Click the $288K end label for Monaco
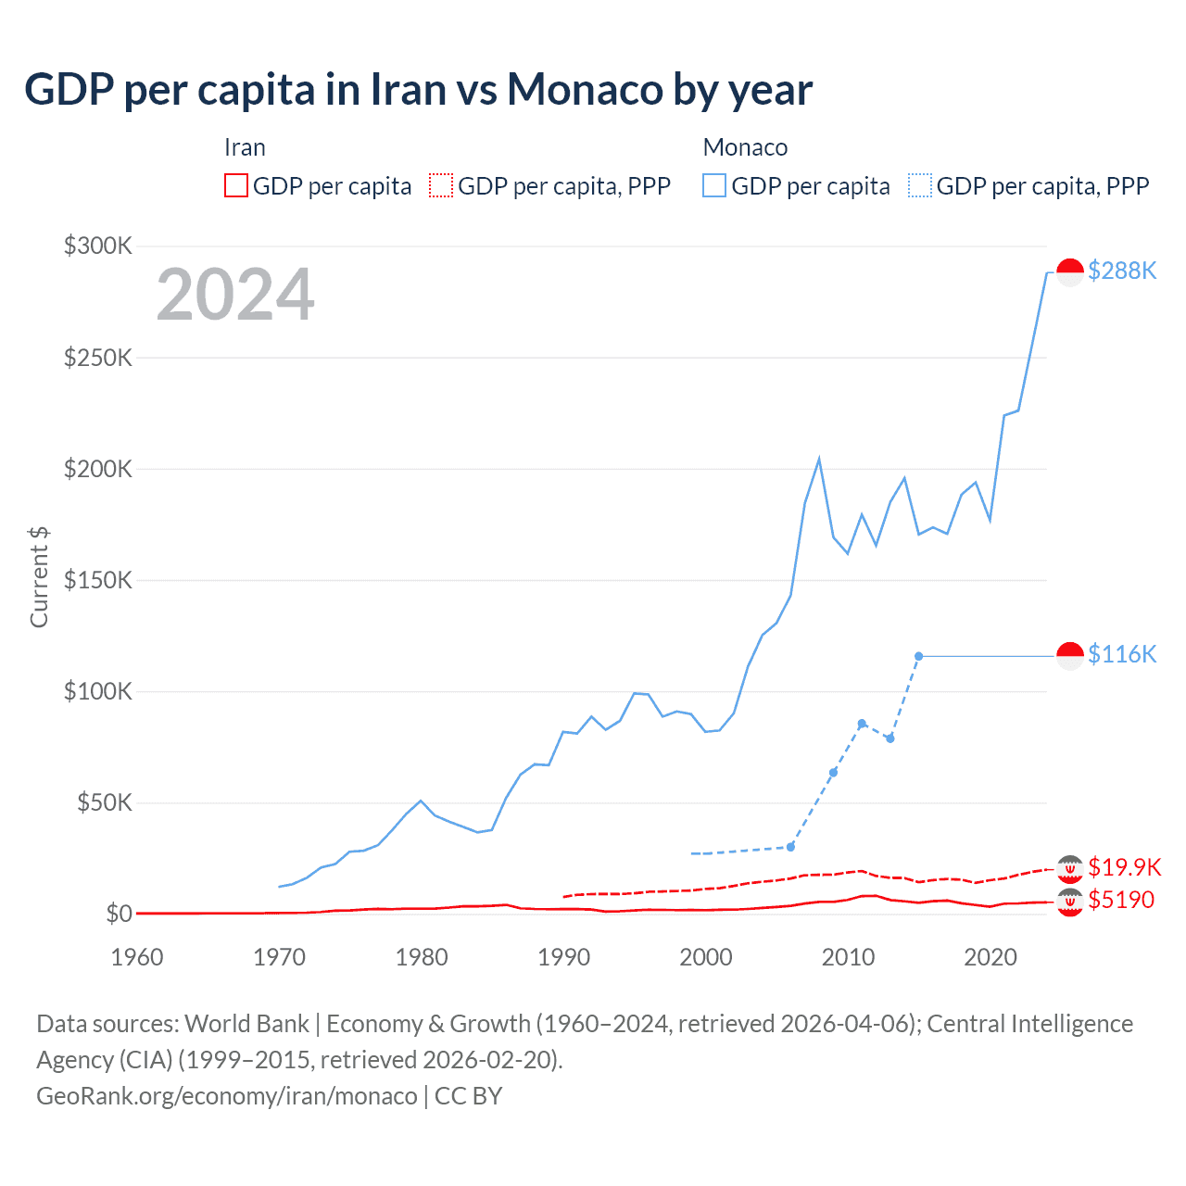coord(1122,271)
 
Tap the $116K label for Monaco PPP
coord(1122,654)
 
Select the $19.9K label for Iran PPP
coord(1124,867)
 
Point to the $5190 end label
coord(1121,900)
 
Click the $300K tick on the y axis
coord(98,246)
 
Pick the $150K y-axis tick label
coord(98,580)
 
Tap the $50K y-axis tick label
coord(105,802)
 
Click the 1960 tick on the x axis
coord(137,957)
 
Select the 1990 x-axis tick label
coord(563,957)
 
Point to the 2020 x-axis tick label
coord(990,957)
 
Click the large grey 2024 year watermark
coord(235,295)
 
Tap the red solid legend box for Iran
coord(236,185)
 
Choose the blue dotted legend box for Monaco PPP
coord(920,185)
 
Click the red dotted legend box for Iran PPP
coord(441,185)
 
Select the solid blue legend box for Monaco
coord(714,185)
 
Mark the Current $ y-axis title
coord(39,576)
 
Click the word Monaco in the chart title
coord(586,90)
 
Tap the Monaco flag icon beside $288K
coord(1070,272)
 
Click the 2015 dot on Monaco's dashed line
coord(918,656)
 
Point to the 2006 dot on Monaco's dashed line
coord(790,847)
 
